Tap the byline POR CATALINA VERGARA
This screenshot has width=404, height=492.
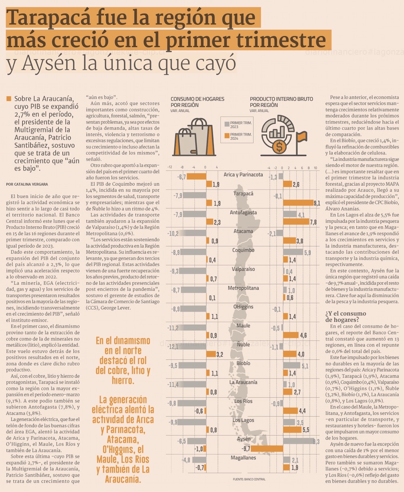[x=27, y=184]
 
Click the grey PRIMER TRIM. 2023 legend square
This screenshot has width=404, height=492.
[x=227, y=124]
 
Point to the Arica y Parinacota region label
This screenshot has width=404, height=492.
[x=243, y=175]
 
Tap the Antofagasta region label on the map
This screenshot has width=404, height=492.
[x=243, y=212]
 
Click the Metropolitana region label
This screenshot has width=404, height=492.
[x=243, y=288]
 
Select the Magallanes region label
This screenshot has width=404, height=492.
[x=243, y=458]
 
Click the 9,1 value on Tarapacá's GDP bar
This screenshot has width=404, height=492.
[x=316, y=203]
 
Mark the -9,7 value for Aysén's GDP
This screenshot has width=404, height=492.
[x=246, y=448]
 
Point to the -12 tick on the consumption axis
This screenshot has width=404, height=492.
[x=170, y=167]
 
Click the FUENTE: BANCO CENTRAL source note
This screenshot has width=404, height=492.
[x=249, y=479]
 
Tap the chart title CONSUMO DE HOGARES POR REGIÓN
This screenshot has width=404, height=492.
[x=197, y=102]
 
